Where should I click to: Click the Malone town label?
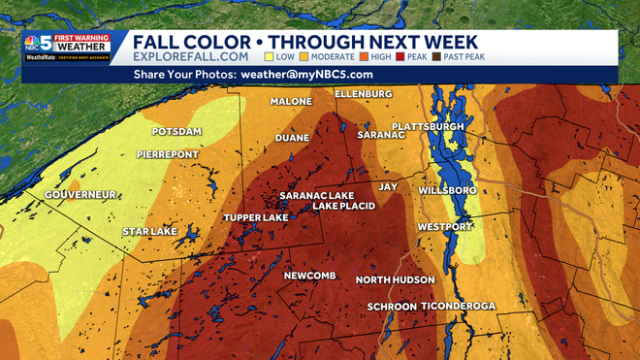pos(292,102)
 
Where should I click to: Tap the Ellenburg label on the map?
pos(363,93)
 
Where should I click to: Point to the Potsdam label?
pos(176,131)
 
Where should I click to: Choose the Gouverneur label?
pos(79,195)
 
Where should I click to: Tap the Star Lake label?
pos(149,232)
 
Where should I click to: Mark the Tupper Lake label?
pos(256,217)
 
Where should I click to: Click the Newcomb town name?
pos(309,277)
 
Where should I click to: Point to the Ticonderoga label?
pos(459,307)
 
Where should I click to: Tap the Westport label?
pos(445,227)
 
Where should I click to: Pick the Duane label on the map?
pos(292,139)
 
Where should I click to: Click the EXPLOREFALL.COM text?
pos(185,57)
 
